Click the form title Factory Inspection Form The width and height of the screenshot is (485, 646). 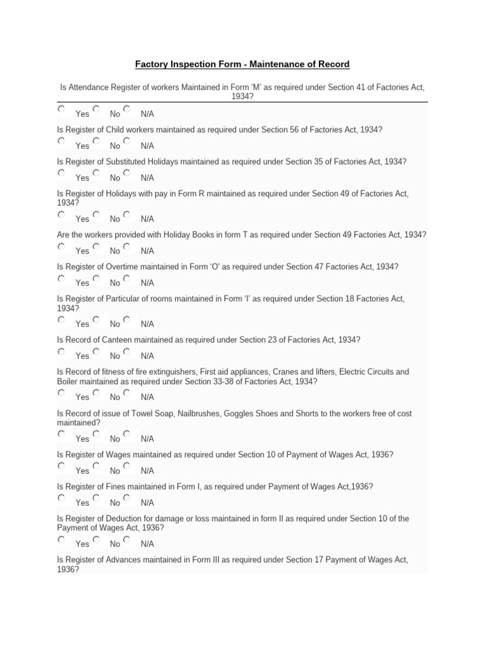tap(242, 65)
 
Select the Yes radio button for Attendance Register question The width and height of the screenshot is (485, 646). tap(61, 109)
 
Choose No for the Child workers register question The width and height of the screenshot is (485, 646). tap(95, 141)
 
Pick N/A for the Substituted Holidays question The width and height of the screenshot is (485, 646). tap(127, 172)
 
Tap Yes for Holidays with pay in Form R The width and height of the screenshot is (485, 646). tap(61, 214)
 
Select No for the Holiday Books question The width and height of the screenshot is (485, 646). tap(95, 246)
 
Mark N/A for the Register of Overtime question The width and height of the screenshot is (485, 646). tap(127, 278)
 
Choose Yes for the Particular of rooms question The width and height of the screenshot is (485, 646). tap(61, 319)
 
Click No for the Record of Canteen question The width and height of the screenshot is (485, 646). tap(95, 351)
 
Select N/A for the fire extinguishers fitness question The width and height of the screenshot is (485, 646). tap(127, 392)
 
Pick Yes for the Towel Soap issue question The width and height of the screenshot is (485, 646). tap(61, 433)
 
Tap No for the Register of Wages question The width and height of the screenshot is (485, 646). tap(95, 466)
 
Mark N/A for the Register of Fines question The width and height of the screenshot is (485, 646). tap(127, 498)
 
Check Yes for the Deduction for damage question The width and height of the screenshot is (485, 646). tap(61, 539)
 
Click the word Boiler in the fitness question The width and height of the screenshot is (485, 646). tap(68, 382)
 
